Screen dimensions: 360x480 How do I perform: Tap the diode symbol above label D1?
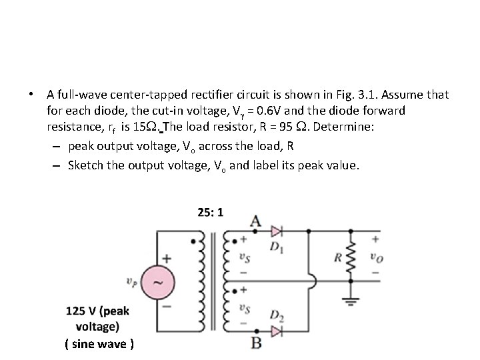tap(277, 231)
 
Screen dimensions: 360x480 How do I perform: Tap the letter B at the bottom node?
tap(256, 343)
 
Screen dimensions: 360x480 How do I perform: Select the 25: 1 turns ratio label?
tap(210, 212)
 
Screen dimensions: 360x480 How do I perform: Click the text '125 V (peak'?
tap(97, 311)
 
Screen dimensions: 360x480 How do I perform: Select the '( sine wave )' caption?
tap(99, 344)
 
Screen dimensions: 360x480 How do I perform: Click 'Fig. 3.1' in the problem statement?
tap(365, 95)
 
